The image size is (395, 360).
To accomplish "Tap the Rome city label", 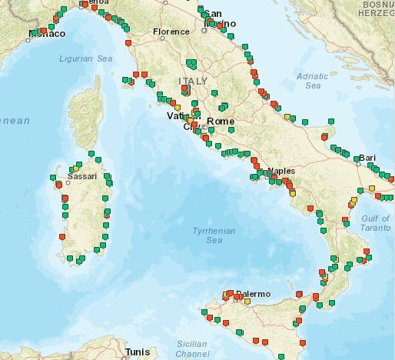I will (221, 122).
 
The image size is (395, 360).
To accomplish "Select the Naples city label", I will (281, 170).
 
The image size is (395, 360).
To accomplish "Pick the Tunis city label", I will (138, 352).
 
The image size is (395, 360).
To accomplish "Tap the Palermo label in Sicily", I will (254, 294).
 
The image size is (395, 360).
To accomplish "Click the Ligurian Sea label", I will (86, 58).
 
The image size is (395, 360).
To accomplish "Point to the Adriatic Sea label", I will (313, 81).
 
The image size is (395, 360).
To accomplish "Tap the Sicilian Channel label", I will (191, 348).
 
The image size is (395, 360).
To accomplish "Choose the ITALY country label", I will (193, 81).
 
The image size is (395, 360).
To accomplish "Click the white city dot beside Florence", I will (153, 32).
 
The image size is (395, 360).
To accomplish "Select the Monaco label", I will (46, 34).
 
